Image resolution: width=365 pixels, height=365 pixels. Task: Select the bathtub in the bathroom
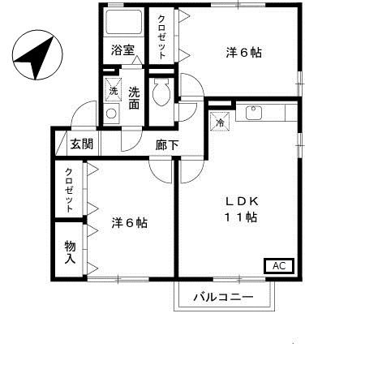[123, 22]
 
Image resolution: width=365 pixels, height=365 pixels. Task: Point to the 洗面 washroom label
[134, 97]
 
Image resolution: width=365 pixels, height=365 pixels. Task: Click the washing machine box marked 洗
[113, 91]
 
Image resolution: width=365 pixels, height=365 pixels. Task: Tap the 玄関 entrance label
[79, 146]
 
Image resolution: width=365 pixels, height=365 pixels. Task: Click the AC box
[277, 265]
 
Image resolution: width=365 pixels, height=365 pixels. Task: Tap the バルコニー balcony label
[223, 298]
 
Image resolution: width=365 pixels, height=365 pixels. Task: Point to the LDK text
[242, 201]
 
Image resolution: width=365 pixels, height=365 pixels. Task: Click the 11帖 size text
[241, 217]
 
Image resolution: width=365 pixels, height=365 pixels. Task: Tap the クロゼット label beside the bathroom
[162, 36]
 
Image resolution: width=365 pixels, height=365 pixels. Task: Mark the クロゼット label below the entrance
[69, 190]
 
